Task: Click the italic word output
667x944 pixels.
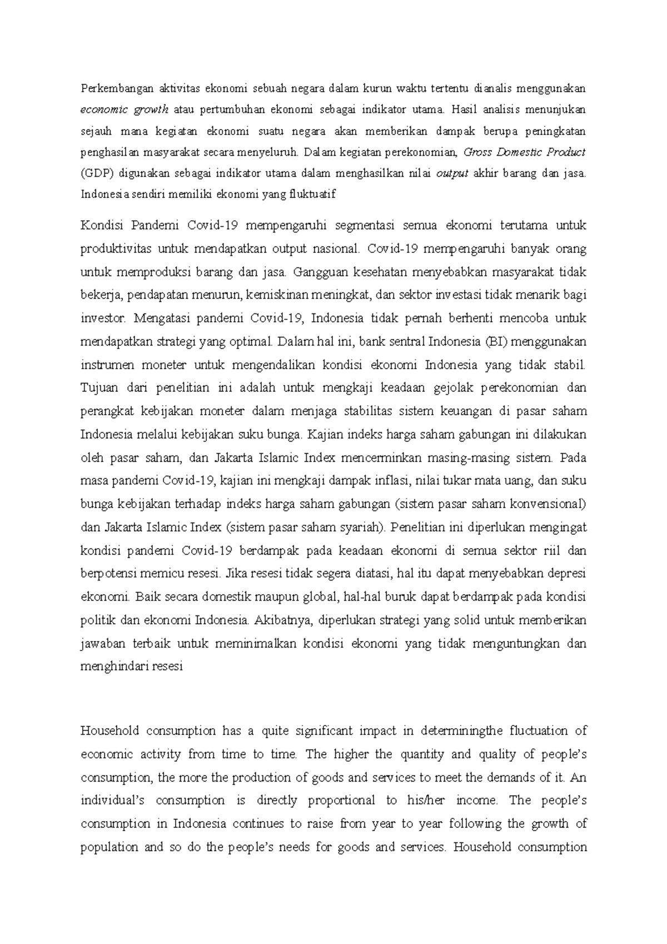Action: click(452, 173)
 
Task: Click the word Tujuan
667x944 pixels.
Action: click(99, 387)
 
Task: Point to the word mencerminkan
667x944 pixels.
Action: click(379, 458)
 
